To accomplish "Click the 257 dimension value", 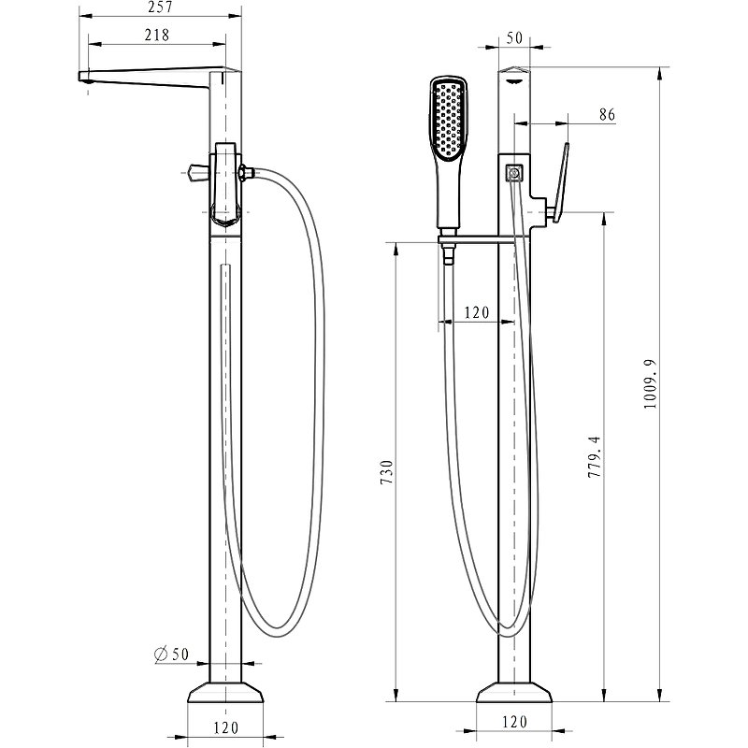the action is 160,7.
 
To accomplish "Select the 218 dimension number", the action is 157,35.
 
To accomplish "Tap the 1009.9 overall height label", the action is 650,383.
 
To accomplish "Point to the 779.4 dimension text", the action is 595,456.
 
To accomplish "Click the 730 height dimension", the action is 387,472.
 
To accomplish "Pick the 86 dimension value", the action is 607,114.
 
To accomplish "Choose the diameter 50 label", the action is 172,654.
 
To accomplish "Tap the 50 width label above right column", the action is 514,37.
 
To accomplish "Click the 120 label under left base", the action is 225,727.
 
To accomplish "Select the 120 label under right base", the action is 514,722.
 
